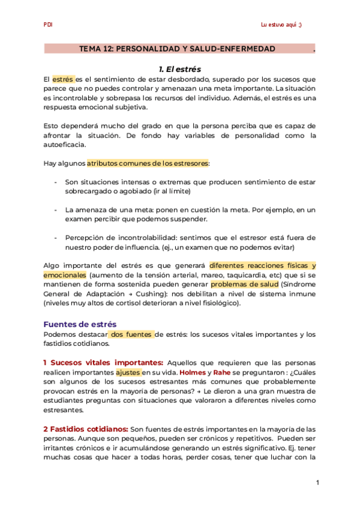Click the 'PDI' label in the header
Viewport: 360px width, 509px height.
click(48, 25)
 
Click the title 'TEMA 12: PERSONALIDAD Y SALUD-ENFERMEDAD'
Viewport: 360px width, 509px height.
click(178, 49)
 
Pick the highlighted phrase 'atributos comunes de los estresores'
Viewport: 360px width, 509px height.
click(147, 163)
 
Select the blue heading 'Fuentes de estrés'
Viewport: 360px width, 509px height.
click(80, 324)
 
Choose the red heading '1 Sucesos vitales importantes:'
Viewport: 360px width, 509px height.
click(103, 363)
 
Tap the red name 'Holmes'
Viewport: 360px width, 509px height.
click(193, 372)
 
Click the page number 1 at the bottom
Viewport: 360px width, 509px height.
click(317, 482)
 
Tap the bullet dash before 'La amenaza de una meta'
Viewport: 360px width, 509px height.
click(56, 210)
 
